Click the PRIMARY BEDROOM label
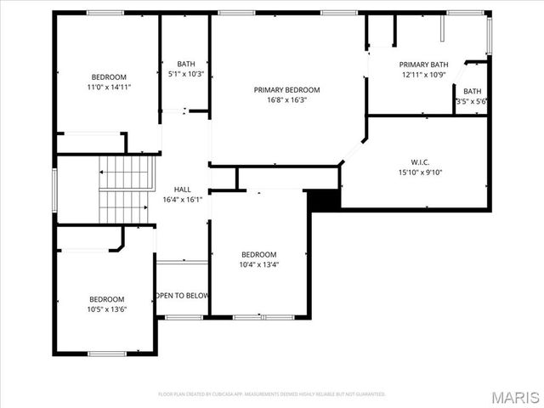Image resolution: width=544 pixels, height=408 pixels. point(286,89)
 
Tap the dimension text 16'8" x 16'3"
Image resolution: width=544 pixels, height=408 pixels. point(286,99)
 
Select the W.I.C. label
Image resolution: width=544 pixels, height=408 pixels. point(420,162)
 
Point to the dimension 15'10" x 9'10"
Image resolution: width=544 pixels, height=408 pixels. point(420,173)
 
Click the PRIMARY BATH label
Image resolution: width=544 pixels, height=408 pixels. point(423,65)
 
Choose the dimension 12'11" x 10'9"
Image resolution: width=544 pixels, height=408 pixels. point(423,75)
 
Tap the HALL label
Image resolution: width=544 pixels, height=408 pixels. point(183,190)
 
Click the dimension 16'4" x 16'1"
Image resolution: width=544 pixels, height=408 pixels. point(183,200)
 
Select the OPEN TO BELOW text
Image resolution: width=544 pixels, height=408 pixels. point(182,296)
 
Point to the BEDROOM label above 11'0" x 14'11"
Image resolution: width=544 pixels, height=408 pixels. point(108,76)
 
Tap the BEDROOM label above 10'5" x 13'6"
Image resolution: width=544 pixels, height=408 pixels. point(107,299)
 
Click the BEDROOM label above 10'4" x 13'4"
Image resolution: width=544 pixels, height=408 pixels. point(258,254)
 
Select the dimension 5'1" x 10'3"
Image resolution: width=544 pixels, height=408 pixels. point(186,74)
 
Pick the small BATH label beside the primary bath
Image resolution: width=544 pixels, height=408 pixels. point(472,91)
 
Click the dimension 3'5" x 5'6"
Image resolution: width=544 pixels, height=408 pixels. point(472,101)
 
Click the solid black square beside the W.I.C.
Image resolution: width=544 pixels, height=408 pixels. point(323,199)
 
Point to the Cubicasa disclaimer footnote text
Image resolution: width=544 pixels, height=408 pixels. point(272,394)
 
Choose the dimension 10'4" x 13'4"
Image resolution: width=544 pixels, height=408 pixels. point(258,264)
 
